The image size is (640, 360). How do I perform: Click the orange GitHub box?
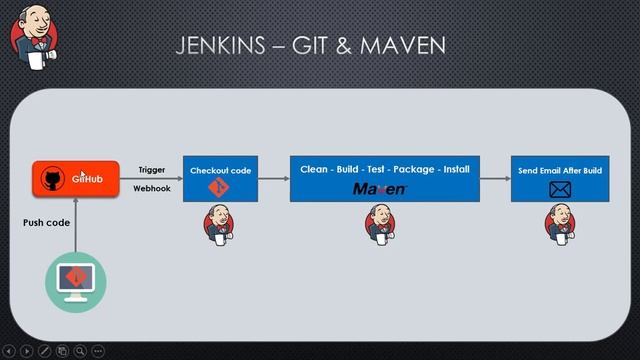[x=75, y=179]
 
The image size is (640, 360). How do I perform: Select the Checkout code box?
[x=220, y=178]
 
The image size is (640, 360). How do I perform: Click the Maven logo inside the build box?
[x=380, y=189]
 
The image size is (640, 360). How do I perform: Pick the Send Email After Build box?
[x=559, y=178]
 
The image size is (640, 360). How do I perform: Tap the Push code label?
[x=46, y=222]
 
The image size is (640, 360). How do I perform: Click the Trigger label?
[x=152, y=170]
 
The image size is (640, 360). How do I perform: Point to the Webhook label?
[x=152, y=188]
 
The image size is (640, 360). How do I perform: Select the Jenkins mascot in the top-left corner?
[x=32, y=36]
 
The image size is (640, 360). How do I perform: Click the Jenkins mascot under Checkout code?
[x=220, y=224]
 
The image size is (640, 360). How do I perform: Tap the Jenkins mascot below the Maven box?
[x=380, y=224]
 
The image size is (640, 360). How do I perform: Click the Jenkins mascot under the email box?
[x=559, y=224]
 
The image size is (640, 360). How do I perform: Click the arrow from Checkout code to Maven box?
[x=273, y=179]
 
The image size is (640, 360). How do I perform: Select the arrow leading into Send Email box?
[x=494, y=179]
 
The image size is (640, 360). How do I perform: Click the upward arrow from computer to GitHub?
[x=75, y=226]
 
